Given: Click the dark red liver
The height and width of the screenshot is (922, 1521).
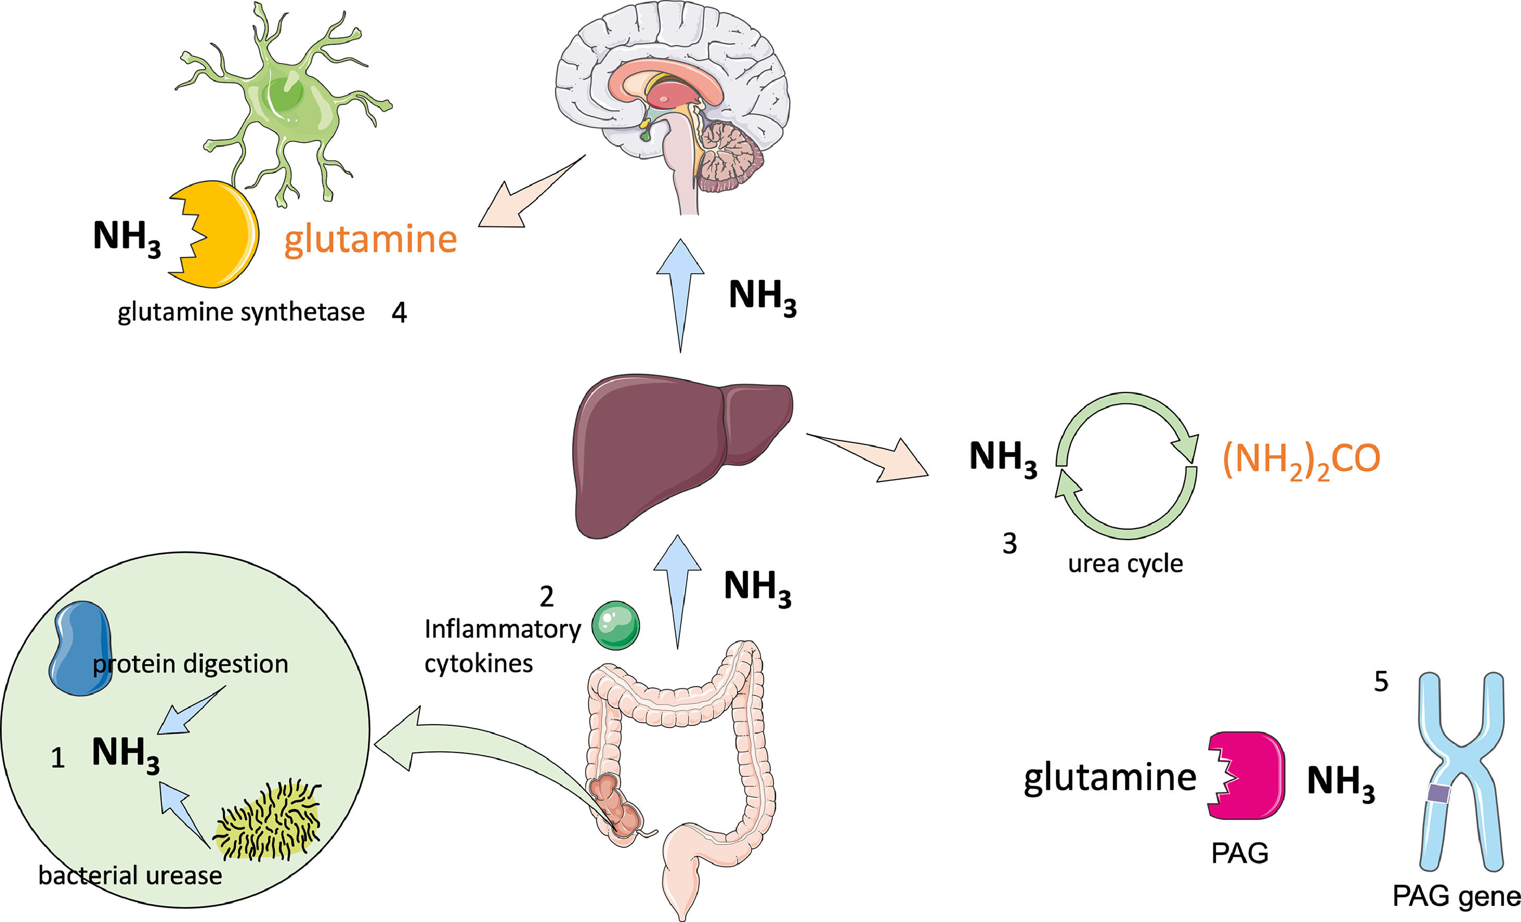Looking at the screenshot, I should click(x=667, y=451).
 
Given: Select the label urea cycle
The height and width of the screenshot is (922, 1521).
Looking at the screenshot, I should click(x=1125, y=563).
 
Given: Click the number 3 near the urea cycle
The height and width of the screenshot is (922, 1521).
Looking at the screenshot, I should click(x=1009, y=544).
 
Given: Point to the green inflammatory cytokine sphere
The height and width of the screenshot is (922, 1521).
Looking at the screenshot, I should click(x=615, y=625).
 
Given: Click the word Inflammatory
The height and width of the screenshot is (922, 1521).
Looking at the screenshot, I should click(x=503, y=629).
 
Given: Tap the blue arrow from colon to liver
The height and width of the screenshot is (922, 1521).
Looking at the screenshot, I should click(x=677, y=586).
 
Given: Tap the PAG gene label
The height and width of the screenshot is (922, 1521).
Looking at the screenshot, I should click(x=1456, y=896).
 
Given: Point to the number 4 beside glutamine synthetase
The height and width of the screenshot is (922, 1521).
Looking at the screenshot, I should click(x=399, y=313).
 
